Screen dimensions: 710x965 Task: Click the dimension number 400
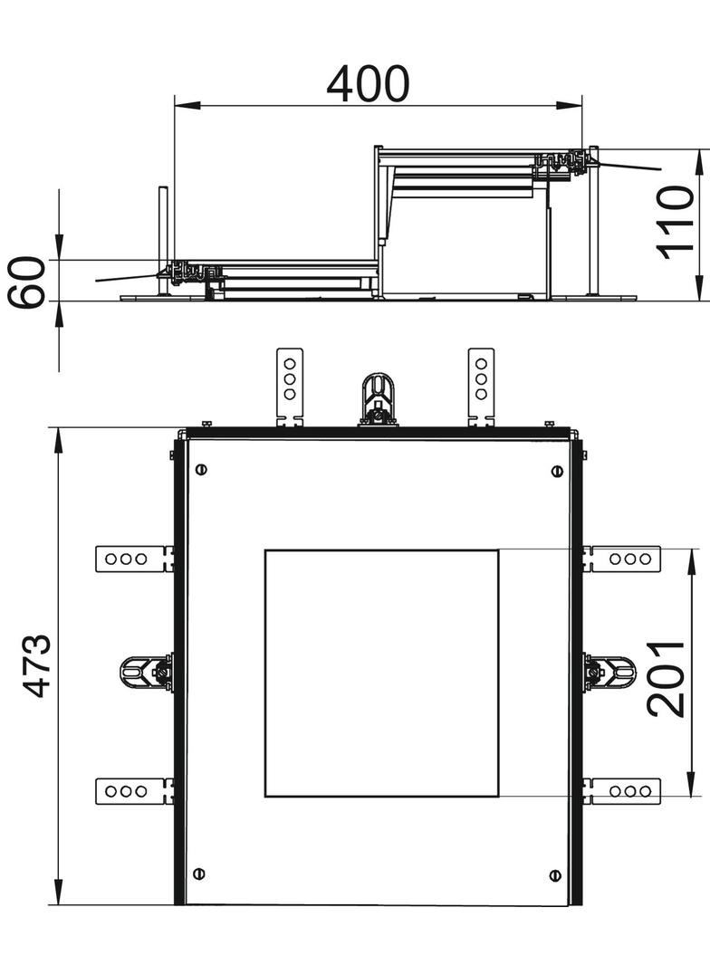[368, 84]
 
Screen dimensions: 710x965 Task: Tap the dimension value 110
[676, 222]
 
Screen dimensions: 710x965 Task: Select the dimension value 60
[27, 282]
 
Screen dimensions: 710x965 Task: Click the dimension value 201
[667, 679]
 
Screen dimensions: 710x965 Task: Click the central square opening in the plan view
[382, 674]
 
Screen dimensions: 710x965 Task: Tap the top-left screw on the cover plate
[200, 470]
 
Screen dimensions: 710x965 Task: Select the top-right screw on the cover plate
[557, 472]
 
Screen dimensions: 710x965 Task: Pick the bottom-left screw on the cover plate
[199, 874]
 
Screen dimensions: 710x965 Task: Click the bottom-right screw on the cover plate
[555, 875]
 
